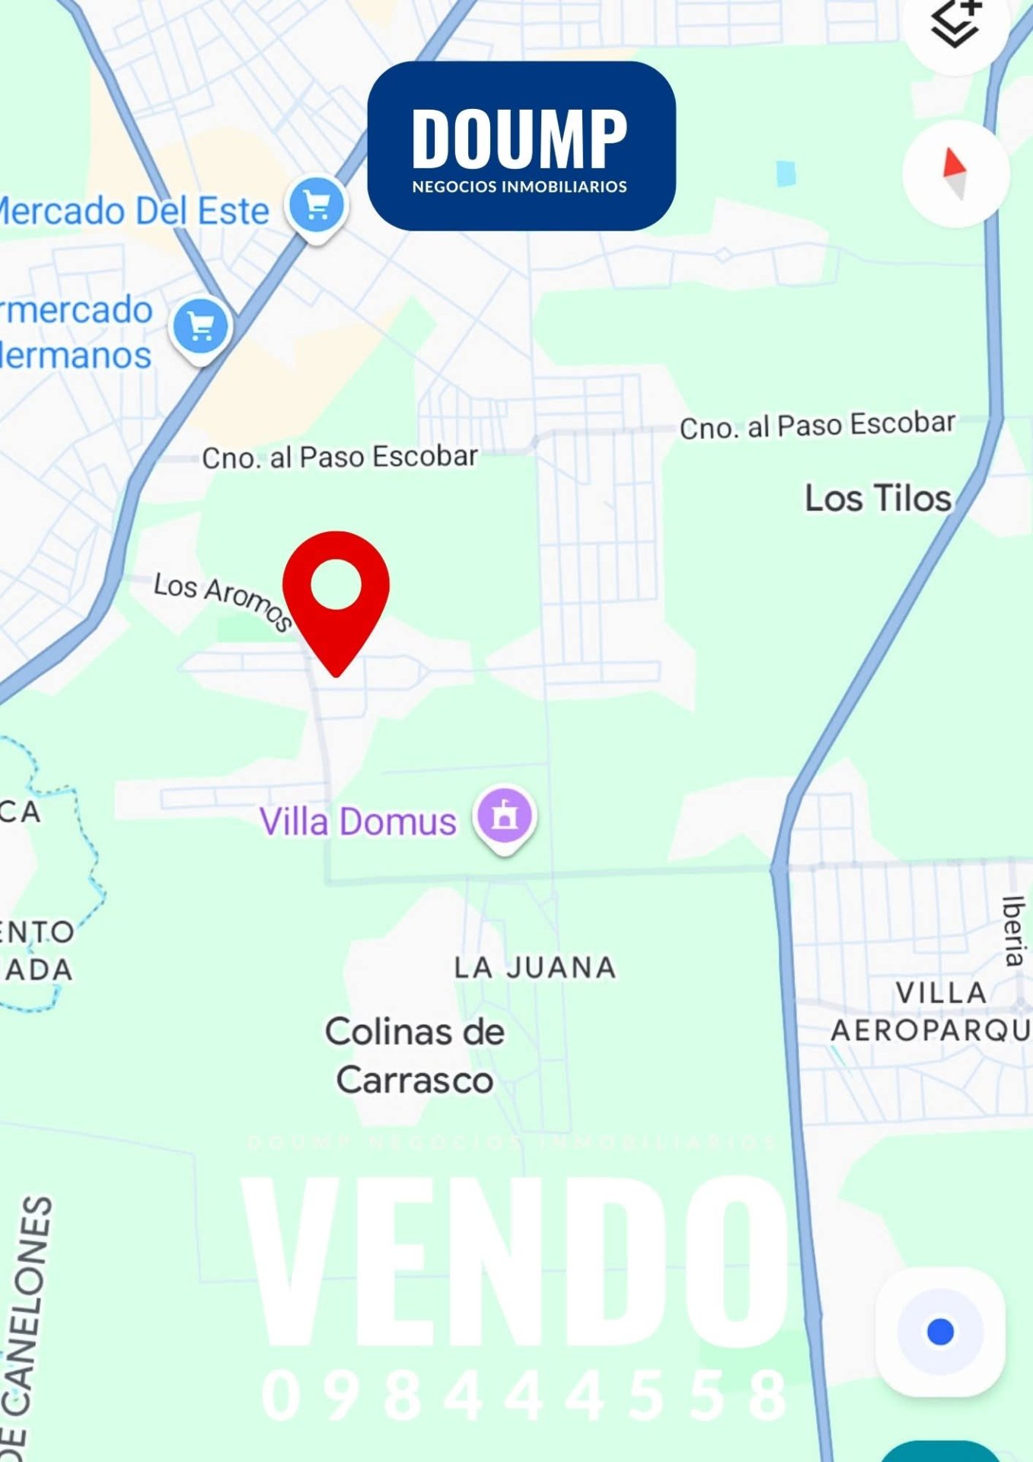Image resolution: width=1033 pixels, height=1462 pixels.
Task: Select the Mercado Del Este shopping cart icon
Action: coord(317,206)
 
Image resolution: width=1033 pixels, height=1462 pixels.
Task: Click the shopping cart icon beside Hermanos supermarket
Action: coord(201,327)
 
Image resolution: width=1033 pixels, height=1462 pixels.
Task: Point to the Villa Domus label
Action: coord(358,822)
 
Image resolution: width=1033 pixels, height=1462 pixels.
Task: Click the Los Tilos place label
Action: coord(878,499)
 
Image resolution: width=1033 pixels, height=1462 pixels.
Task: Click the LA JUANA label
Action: coord(535,968)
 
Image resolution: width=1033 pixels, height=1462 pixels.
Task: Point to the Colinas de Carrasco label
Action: coord(415,1055)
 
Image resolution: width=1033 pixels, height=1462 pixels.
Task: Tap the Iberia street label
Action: coord(1013,931)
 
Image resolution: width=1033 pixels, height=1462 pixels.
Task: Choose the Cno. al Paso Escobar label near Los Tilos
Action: coord(817,426)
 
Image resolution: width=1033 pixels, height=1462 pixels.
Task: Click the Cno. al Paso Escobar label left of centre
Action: coord(340,457)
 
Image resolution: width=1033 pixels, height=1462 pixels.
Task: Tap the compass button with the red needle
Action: coord(955,174)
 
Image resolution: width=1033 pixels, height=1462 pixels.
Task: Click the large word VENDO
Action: coord(515,1263)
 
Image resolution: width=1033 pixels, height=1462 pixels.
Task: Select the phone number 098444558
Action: coord(525,1396)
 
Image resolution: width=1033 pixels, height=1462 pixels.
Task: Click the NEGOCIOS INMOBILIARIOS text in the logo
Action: coord(520,187)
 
